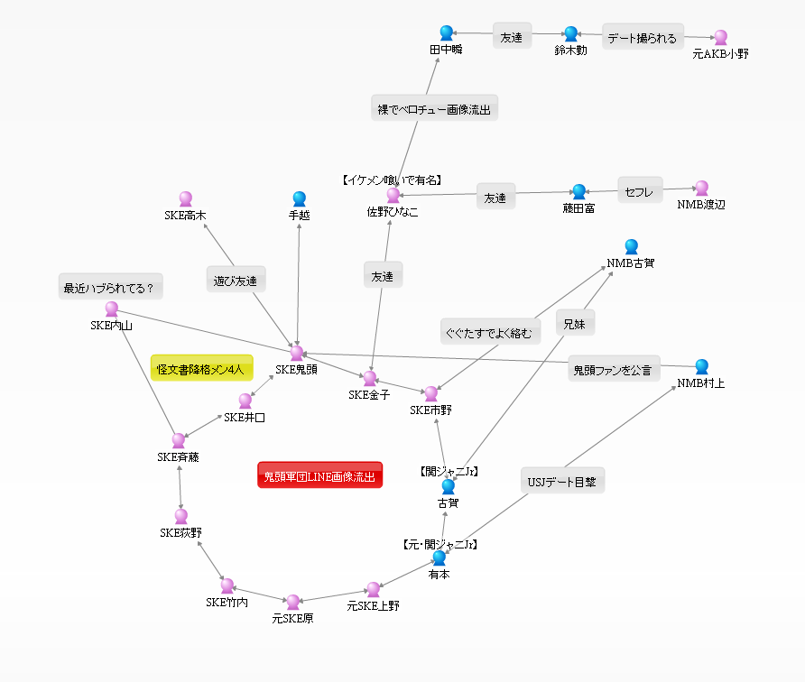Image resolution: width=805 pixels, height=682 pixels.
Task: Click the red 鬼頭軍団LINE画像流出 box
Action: [x=319, y=475]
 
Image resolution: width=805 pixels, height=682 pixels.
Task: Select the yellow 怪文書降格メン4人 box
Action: [x=202, y=368]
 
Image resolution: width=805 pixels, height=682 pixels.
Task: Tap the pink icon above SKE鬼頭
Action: [x=297, y=353]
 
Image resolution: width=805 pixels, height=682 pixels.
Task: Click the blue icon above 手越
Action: [x=300, y=198]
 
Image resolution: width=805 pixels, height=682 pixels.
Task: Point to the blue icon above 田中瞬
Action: [x=447, y=32]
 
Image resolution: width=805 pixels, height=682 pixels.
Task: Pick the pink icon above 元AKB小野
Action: [x=721, y=37]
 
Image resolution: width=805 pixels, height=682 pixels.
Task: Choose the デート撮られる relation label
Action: [x=643, y=36]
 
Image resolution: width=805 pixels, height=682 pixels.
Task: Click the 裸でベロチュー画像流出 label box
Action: [x=434, y=107]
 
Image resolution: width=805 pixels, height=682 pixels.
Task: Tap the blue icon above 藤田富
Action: [x=579, y=191]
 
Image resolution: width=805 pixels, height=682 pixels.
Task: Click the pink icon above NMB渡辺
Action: [x=702, y=188]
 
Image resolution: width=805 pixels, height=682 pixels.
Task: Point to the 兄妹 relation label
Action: [x=575, y=322]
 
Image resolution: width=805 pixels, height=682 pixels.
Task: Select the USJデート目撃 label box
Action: [x=562, y=480]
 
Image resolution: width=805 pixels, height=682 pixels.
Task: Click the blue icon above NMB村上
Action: [x=702, y=366]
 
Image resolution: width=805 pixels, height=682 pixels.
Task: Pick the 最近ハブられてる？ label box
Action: [x=110, y=286]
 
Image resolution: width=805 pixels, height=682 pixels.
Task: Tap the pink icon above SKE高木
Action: [x=186, y=198]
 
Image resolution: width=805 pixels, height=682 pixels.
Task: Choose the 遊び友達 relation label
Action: [x=236, y=279]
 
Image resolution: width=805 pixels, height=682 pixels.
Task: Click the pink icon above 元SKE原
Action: [x=293, y=602]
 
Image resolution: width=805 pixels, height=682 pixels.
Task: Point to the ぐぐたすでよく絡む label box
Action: [x=490, y=331]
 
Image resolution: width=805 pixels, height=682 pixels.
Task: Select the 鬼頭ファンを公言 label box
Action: [x=614, y=368]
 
